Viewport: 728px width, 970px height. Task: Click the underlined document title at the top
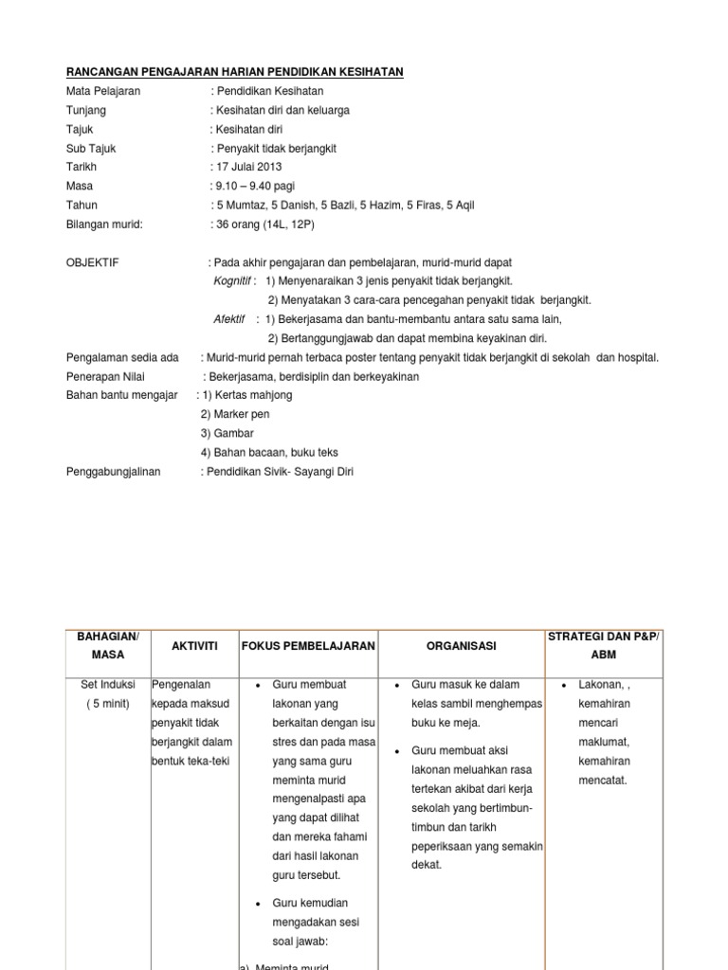point(234,72)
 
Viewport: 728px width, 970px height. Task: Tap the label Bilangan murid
point(104,224)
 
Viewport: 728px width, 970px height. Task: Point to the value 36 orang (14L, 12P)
point(264,224)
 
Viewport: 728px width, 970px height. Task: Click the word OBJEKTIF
point(93,261)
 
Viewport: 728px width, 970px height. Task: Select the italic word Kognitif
point(232,280)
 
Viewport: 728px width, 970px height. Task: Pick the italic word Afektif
point(229,319)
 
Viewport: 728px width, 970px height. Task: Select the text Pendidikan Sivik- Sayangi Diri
point(280,471)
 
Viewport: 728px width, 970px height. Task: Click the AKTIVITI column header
point(194,645)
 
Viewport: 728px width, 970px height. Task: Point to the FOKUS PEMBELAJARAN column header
point(309,645)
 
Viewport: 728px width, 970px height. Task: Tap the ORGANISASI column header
point(462,645)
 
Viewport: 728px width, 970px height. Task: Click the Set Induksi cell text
point(108,684)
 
